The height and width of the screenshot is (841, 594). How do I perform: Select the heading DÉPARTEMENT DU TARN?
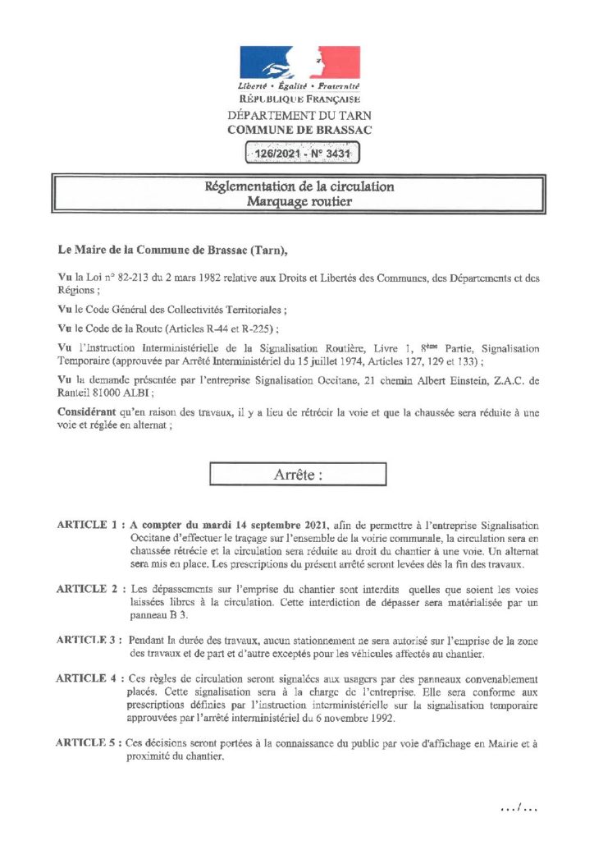click(299, 116)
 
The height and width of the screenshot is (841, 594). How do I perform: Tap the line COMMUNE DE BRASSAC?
click(299, 130)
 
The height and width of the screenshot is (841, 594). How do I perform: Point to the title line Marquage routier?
click(299, 201)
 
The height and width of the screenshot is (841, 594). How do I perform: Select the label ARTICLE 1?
click(88, 525)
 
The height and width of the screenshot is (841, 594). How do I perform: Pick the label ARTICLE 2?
click(88, 590)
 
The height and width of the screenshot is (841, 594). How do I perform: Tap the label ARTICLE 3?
click(88, 640)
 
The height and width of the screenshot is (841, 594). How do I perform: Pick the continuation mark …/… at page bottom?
click(519, 809)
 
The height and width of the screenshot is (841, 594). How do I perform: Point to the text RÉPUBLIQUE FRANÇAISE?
click(299, 99)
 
